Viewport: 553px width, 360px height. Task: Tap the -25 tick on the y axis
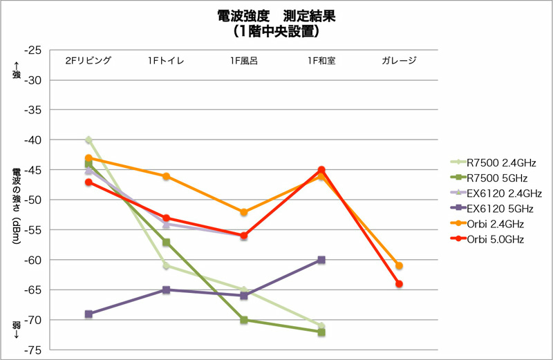coord(32,50)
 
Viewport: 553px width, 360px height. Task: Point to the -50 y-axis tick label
coord(32,200)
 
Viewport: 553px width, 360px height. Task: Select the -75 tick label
coord(32,350)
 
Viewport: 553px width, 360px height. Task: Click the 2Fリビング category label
coord(88,60)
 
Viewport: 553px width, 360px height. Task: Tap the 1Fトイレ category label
coord(166,60)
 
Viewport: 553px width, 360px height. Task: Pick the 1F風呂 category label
coord(244,60)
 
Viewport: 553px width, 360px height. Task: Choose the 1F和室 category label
coord(321,60)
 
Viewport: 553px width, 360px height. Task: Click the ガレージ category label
coord(399,60)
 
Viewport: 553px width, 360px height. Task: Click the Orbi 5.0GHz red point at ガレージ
coord(399,284)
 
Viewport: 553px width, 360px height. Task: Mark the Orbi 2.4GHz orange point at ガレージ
coord(399,266)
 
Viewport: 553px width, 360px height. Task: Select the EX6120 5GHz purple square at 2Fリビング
coord(88,314)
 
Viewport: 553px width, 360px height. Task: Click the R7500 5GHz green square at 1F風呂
coord(244,320)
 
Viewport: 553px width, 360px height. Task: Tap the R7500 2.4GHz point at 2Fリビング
coord(88,140)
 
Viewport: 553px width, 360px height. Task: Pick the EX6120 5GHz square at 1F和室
coord(321,260)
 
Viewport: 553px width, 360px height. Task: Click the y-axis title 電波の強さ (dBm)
coord(16,200)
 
